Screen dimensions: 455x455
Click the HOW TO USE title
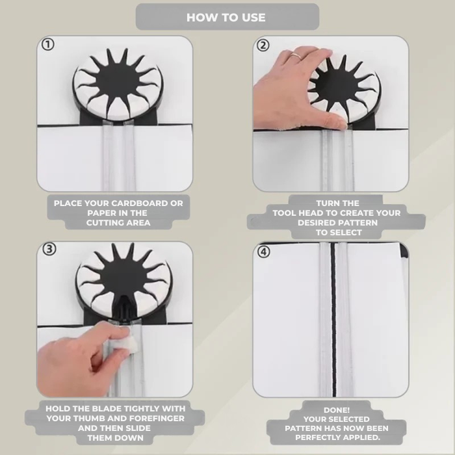(x=226, y=18)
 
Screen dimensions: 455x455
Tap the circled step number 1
(x=48, y=45)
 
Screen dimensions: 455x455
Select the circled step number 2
(x=263, y=45)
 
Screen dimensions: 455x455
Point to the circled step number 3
(x=48, y=250)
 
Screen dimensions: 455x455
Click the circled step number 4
(x=263, y=252)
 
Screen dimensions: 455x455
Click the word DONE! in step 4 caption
(x=337, y=410)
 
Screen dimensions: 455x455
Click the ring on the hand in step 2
(x=296, y=56)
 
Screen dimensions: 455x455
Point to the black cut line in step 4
(x=333, y=318)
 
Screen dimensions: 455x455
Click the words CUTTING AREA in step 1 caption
(x=118, y=223)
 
